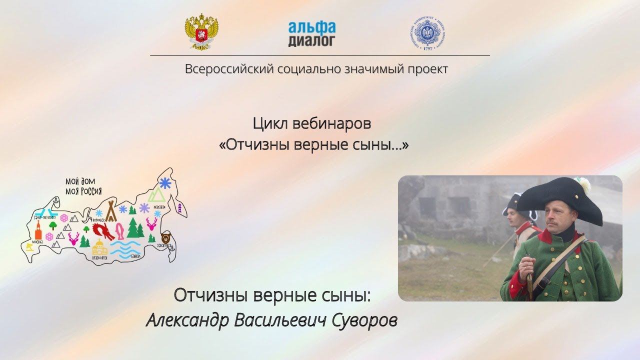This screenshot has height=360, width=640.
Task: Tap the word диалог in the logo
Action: coord(311,40)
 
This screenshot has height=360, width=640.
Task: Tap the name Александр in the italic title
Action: coord(185,320)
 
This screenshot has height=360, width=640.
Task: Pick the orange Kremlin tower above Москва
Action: coord(38,230)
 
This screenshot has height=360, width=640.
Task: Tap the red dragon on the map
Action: coord(103,231)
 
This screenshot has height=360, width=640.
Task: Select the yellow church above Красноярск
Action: coord(99,247)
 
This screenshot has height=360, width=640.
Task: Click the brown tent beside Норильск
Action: coord(110,210)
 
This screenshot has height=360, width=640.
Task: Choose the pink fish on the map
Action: coord(120,231)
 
